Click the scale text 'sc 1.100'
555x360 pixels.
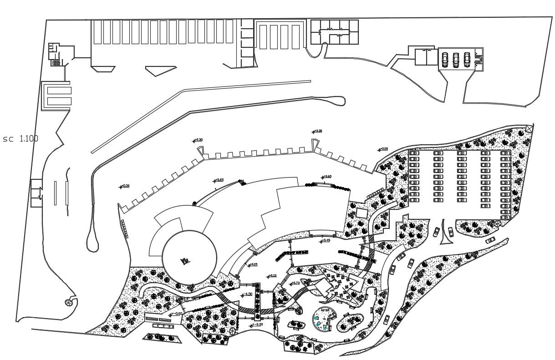pyautogui.click(x=20, y=139)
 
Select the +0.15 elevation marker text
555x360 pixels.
pyautogui.click(x=272, y=276)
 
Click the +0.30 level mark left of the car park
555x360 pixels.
pyautogui.click(x=383, y=149)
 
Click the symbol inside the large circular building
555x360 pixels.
pyautogui.click(x=185, y=260)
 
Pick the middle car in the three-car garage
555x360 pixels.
pyautogui.click(x=456, y=59)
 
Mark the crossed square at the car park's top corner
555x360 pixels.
pyautogui.click(x=528, y=129)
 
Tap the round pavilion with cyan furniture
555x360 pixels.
pyautogui.click(x=324, y=319)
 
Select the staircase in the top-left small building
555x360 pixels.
pyautogui.click(x=56, y=62)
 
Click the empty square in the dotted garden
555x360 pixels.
pyautogui.click(x=362, y=213)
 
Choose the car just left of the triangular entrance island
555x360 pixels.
pyautogui.click(x=436, y=232)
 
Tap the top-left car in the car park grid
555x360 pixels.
pyautogui.click(x=414, y=154)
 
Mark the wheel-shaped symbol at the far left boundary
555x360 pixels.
pyautogui.click(x=69, y=302)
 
